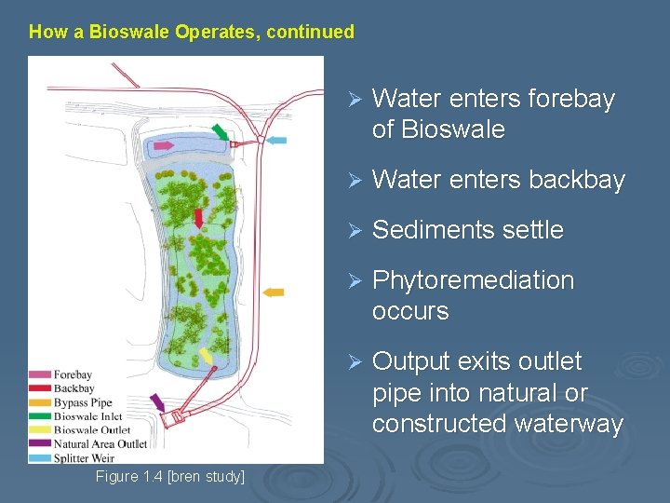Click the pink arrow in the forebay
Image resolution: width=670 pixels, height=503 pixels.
coord(164,146)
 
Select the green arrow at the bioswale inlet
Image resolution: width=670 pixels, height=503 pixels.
coord(220,131)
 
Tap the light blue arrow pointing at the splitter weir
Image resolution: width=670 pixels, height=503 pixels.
coord(276,141)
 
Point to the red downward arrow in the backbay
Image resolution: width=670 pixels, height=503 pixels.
coord(198,218)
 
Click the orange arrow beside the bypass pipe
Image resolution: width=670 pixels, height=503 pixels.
coord(273,292)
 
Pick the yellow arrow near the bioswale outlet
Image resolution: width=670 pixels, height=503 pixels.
coord(206,356)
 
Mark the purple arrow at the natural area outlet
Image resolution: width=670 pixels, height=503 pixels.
coord(157,402)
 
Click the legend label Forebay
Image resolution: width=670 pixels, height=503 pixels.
coord(73,375)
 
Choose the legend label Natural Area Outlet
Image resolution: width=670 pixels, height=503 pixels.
coord(100,444)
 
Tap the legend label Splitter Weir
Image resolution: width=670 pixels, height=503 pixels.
coord(85,457)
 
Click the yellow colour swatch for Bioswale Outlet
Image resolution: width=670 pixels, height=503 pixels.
coord(40,430)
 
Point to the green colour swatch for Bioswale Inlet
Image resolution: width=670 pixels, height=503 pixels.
coord(40,416)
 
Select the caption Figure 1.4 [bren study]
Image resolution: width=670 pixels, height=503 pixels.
coord(170,477)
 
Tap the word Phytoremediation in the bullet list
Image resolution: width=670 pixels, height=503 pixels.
coord(473,280)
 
